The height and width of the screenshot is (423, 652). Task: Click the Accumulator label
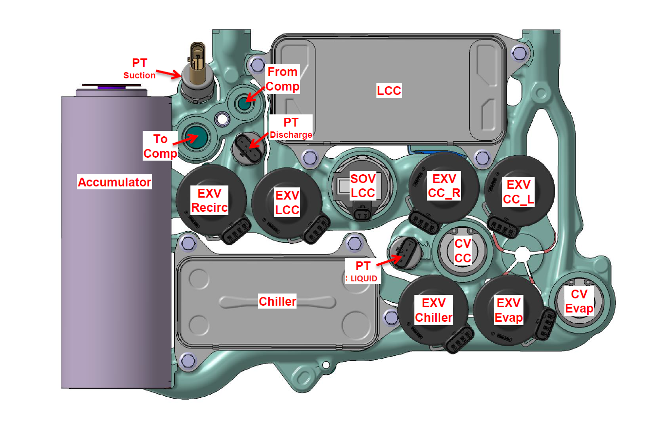click(x=114, y=183)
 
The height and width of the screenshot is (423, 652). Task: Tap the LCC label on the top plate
click(x=389, y=90)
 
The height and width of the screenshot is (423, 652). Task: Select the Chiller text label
click(x=277, y=301)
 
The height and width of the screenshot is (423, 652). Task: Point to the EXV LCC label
click(x=287, y=202)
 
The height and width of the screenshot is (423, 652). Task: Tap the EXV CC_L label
click(x=519, y=192)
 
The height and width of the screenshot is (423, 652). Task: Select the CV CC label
click(x=463, y=251)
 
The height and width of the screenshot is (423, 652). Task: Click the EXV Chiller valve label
click(x=433, y=311)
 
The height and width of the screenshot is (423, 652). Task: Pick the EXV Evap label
click(x=509, y=311)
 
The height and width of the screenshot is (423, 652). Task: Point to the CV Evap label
click(x=579, y=301)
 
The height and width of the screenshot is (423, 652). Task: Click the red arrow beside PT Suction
click(x=168, y=74)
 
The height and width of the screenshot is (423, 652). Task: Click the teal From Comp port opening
click(x=244, y=103)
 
